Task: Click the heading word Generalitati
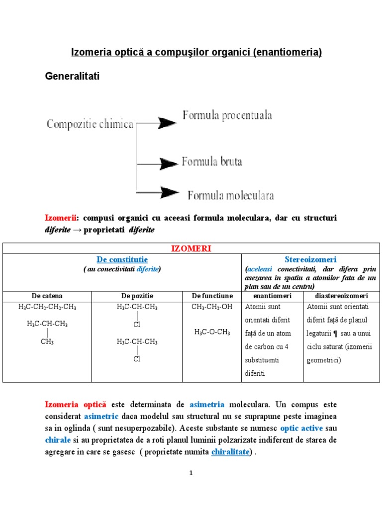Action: [73, 77]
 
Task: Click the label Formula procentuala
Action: [227, 116]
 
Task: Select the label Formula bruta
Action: [212, 162]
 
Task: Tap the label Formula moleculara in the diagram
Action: [231, 195]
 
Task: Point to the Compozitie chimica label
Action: [90, 124]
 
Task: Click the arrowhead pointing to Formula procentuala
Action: [167, 123]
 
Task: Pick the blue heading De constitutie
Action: [122, 259]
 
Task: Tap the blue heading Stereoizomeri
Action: [310, 259]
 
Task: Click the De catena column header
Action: [48, 296]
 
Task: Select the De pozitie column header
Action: [137, 296]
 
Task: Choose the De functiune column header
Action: [212, 296]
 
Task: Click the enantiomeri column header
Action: [272, 296]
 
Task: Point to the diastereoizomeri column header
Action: [341, 296]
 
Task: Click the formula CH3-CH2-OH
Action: [212, 307]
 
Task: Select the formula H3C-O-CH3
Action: [212, 332]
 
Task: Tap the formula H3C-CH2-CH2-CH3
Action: [48, 307]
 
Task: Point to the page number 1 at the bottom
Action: [191, 473]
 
